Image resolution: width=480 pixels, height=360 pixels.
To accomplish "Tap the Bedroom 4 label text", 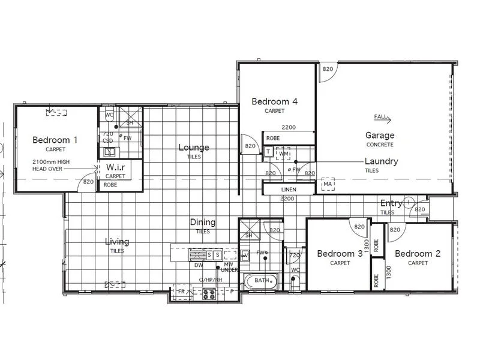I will coord(275,101).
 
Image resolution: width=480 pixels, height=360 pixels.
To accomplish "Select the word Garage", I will coord(380,136).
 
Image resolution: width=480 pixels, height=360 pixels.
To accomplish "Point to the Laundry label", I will coord(381,161).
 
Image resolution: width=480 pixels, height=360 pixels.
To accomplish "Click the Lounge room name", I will coord(193,147).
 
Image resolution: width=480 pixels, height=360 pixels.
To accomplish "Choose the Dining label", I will coord(203,222).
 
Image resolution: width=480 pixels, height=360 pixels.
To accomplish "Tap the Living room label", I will coord(117,242).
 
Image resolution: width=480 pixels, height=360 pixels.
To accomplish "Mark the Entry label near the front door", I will coord(391,203).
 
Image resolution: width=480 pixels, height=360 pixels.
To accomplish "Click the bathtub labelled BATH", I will coord(261,280).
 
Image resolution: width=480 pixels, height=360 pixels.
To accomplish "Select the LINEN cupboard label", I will coord(289,190).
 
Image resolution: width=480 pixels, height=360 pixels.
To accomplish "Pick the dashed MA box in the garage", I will coord(327,182).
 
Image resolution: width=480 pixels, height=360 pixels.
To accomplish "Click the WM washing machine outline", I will coord(283,154).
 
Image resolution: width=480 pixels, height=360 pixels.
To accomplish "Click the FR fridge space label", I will coord(181,291).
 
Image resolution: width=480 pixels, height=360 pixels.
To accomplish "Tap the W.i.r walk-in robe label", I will coord(115,166).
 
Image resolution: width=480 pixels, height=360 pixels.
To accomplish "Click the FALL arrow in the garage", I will coord(382,116).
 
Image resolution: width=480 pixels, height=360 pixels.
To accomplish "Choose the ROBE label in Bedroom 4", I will coord(273,138).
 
